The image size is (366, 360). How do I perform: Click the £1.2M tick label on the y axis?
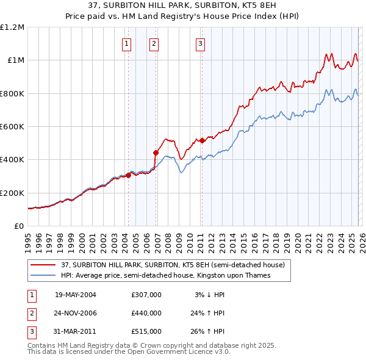[12, 27]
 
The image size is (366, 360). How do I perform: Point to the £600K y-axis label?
[12, 126]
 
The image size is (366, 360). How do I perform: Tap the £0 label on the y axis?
[20, 226]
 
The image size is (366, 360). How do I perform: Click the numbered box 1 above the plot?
[126, 43]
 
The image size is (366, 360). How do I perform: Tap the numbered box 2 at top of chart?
[154, 43]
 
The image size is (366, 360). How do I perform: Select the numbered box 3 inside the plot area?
[200, 43]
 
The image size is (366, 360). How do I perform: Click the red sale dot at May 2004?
[128, 175]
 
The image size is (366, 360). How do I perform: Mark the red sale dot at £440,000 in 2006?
[156, 153]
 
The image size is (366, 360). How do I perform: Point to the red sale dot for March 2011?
[202, 141]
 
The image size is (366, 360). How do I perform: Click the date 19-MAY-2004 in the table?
[76, 295]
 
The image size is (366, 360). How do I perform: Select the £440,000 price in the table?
[146, 313]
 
